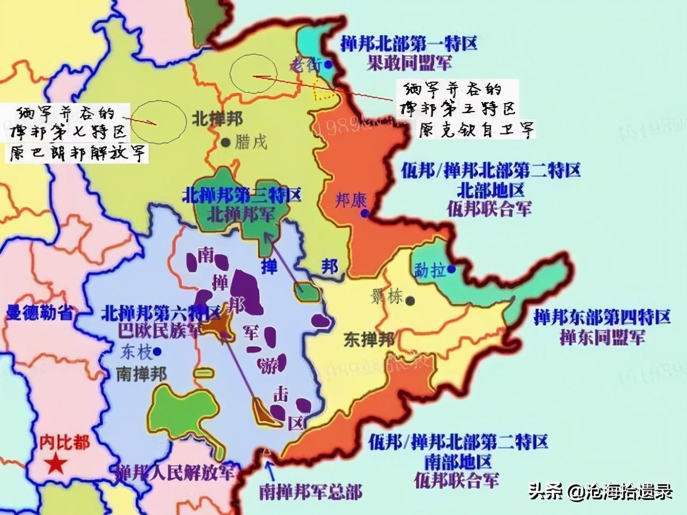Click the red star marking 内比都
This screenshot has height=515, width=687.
coord(56,465)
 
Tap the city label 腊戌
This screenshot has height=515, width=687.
coord(250,143)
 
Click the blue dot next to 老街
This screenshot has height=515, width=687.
coord(328,65)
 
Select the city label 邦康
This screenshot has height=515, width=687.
coord(350,201)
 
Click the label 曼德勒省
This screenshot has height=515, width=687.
coord(39,312)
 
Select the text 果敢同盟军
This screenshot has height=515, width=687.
coord(409,63)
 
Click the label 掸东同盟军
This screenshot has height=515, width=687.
coord(602,337)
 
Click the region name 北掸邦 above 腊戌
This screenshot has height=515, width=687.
coord(217,119)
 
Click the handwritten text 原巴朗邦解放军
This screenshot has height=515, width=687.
coord(78,154)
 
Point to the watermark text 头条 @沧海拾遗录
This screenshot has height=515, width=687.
coord(601,491)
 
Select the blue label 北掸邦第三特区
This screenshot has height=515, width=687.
coord(242,194)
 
